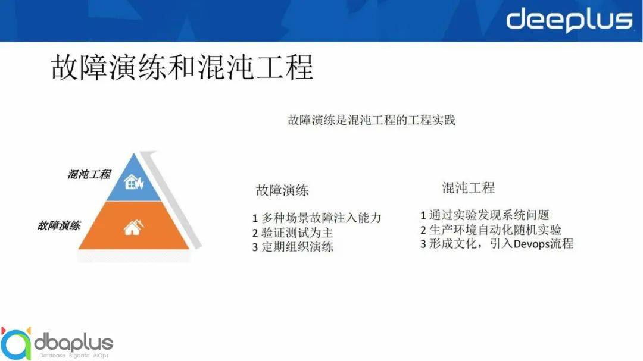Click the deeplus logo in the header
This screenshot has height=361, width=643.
[569, 20]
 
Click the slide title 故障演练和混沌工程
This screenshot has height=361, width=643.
[182, 68]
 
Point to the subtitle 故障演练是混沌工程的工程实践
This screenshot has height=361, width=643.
[371, 120]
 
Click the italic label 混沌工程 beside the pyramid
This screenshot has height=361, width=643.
[89, 174]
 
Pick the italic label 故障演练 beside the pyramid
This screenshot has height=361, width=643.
[59, 225]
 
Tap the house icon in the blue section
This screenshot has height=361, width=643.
[133, 182]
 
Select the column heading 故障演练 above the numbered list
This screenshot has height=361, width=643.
[282, 190]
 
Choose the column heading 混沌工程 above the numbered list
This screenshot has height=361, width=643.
[468, 188]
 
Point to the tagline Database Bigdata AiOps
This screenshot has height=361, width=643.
[73, 355]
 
